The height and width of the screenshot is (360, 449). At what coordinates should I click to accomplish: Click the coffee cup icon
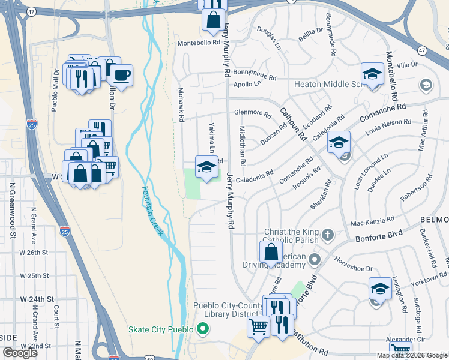[122, 76]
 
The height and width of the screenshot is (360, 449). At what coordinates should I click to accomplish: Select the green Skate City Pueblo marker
[203, 329]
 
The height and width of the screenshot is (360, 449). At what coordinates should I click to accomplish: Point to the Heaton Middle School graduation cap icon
[372, 75]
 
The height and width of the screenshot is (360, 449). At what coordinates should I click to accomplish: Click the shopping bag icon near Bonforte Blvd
[271, 252]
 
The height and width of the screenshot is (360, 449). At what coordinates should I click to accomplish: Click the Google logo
[20, 353]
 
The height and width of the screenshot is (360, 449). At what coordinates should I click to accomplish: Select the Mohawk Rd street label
[180, 105]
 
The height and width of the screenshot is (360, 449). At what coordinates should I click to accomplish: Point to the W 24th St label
[37, 298]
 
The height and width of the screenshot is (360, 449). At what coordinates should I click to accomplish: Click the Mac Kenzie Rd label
[372, 220]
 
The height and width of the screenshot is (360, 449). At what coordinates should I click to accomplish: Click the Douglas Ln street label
[268, 37]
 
